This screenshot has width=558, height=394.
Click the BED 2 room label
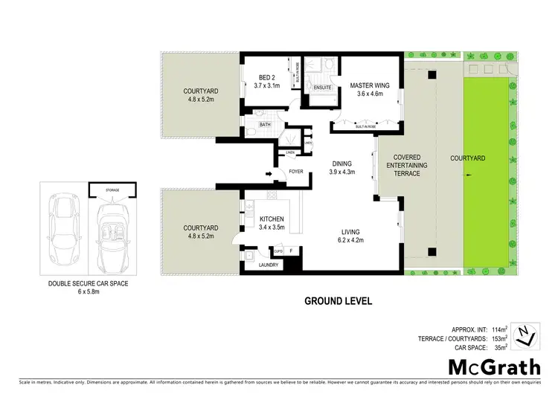[x=268, y=77]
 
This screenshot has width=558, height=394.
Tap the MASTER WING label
[x=370, y=85]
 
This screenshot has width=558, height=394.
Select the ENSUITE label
[x=322, y=88]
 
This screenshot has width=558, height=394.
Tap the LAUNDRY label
[x=268, y=265]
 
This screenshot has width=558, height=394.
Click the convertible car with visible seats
[x=112, y=233]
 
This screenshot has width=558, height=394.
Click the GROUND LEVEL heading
[x=338, y=302]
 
